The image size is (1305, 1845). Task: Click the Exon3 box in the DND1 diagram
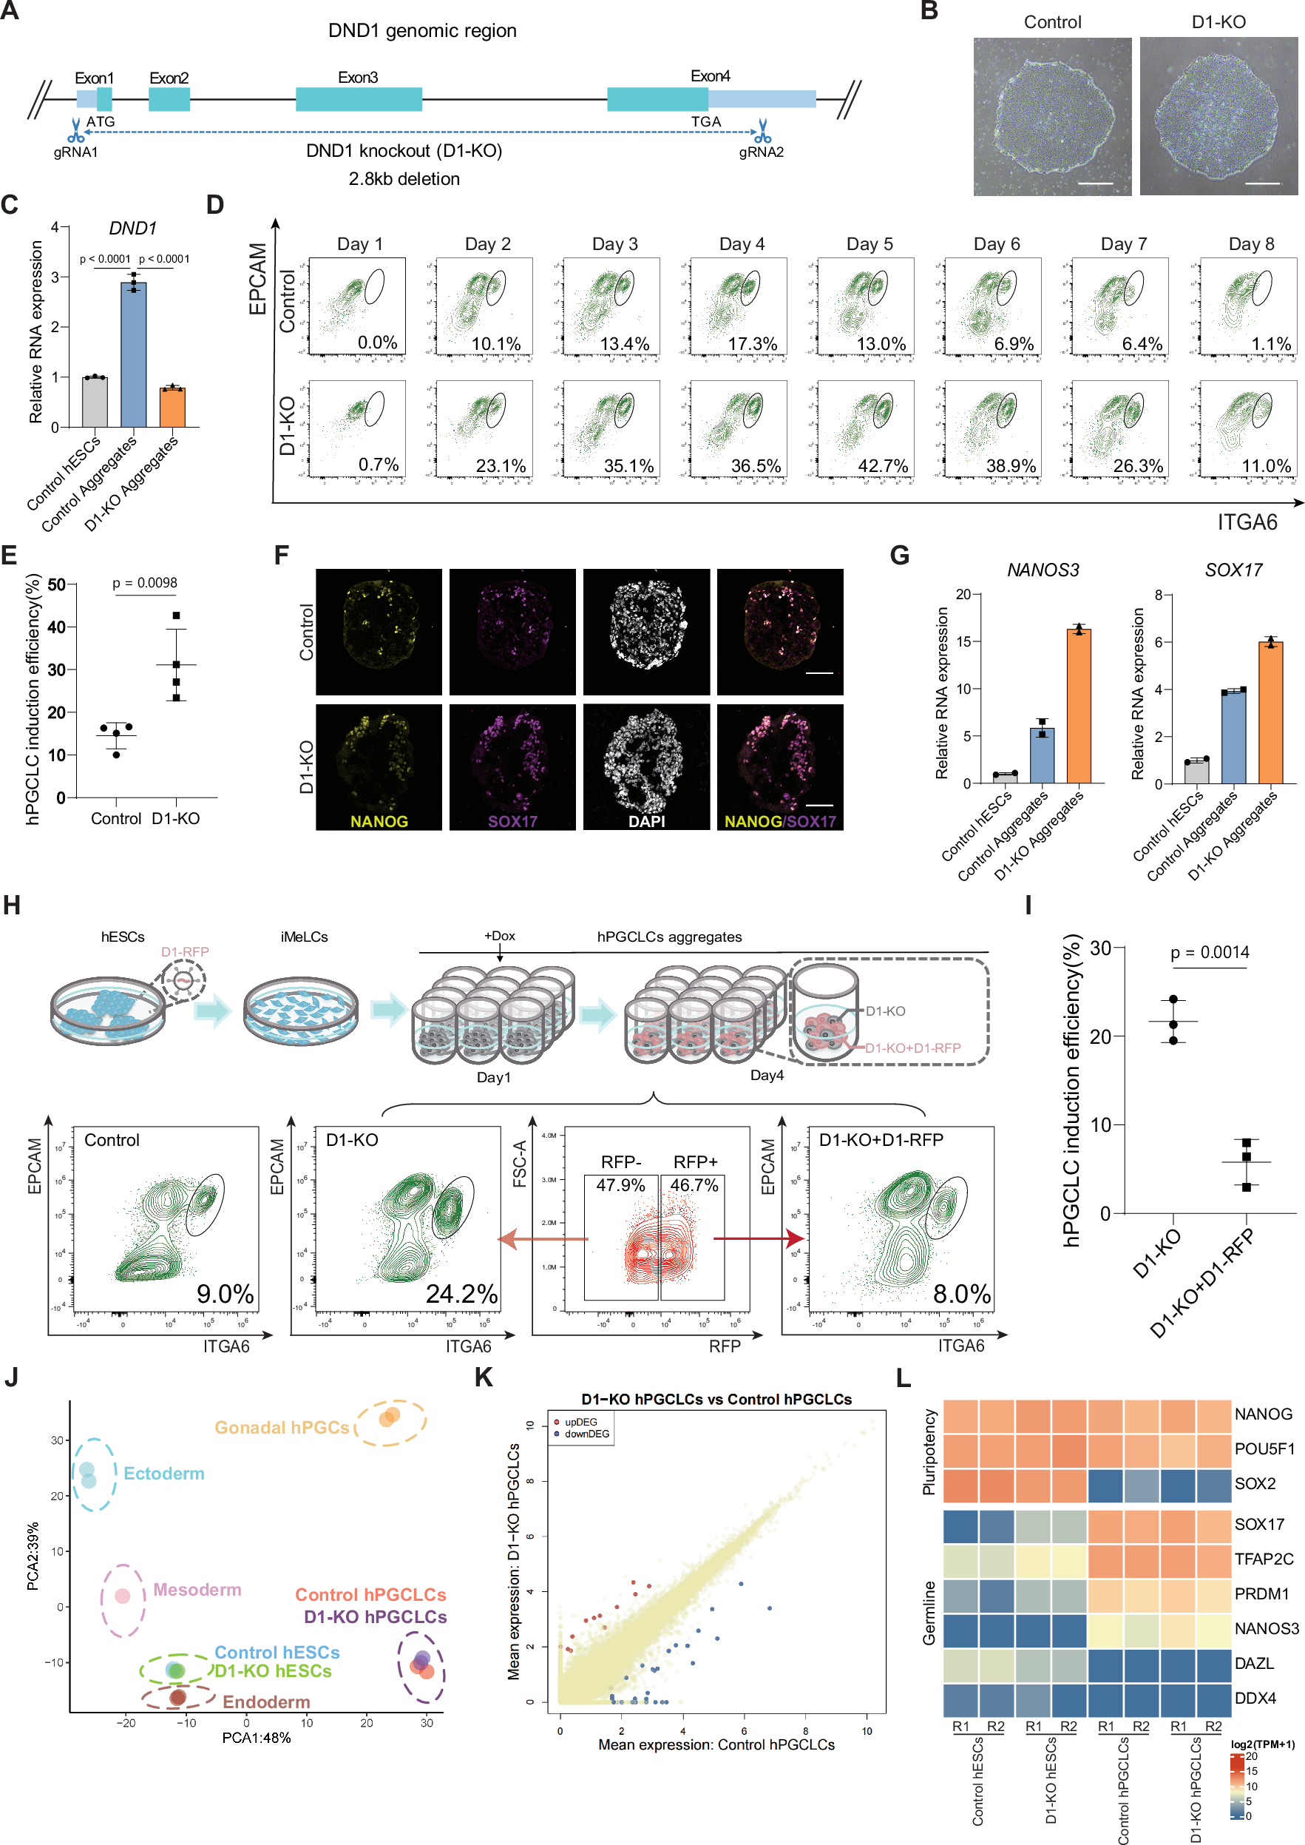pos(359,99)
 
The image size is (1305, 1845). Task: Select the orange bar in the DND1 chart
pos(172,407)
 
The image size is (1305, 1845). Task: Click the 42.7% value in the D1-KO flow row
pos(882,466)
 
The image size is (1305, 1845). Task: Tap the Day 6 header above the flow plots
pos(997,244)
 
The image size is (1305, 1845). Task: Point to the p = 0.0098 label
pos(145,583)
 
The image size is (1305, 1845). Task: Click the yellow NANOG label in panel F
pos(379,822)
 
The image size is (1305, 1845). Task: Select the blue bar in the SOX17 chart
pos(1233,736)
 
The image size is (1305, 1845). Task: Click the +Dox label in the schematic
pos(499,936)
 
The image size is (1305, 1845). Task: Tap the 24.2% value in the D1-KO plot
pos(461,1294)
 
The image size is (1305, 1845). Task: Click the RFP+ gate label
pos(695,1161)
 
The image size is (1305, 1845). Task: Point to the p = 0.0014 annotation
pos(1210,953)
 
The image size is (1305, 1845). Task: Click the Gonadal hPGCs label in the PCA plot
pos(282,1428)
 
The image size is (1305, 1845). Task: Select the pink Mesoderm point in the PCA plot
pos(122,1596)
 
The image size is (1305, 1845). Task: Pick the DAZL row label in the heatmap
pos(1253,1663)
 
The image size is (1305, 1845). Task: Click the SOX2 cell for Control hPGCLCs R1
pos(1105,1484)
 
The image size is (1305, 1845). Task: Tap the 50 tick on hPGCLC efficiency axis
pos(56,584)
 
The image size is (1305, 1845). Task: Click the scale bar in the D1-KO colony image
pos(1261,183)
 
